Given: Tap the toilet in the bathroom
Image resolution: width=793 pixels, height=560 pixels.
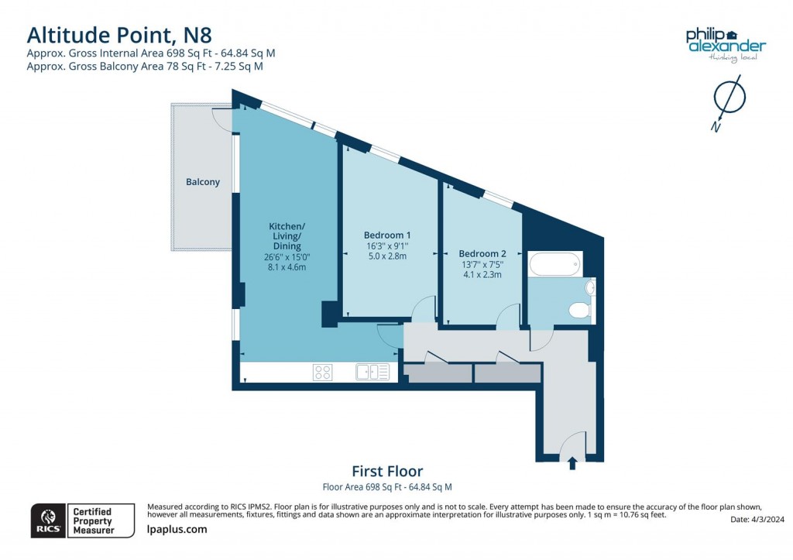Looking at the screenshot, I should click(579, 311).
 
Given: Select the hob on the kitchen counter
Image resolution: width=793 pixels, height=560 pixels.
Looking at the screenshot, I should click(323, 373).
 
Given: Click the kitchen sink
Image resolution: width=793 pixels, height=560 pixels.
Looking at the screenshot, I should click(372, 373).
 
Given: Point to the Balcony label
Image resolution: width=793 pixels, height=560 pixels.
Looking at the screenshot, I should click(203, 182).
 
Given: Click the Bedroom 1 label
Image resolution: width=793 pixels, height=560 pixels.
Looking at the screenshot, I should click(387, 235).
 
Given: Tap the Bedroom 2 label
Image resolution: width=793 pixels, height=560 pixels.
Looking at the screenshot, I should click(482, 253).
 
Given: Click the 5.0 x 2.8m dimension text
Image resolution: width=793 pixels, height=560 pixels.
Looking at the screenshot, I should click(387, 256).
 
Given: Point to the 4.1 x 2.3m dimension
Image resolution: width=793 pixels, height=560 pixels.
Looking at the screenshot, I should click(482, 274).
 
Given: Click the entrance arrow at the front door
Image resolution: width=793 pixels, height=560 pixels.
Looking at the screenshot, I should click(572, 463).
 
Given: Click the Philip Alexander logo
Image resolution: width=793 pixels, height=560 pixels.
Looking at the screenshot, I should click(726, 43).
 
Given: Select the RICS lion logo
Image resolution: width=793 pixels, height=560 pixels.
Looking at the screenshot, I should click(48, 520).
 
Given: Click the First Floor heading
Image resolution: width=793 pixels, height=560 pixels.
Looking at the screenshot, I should click(387, 471).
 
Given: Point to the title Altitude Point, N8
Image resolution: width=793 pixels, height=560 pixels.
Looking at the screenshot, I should click(118, 35).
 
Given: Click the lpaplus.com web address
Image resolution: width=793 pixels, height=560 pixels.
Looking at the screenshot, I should click(177, 529).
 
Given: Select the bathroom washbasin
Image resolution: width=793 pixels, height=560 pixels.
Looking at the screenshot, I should click(590, 288).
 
